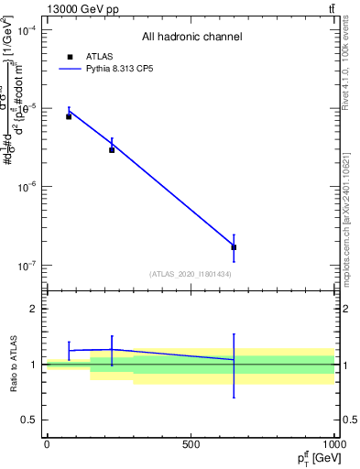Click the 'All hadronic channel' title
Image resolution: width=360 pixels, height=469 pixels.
[x=191, y=37]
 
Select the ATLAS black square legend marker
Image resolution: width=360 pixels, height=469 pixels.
[x=69, y=57]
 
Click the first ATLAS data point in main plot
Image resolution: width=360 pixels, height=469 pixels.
[x=69, y=116]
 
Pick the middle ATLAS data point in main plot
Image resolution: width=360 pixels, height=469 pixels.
[x=112, y=149]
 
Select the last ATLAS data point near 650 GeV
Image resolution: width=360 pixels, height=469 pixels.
[x=234, y=247]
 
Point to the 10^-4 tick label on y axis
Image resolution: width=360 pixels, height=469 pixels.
[x=27, y=30]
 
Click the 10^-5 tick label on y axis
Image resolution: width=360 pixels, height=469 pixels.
[x=27, y=108]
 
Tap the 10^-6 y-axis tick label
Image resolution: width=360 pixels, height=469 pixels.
[x=27, y=187]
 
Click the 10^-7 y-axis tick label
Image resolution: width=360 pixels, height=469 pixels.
[x=27, y=266]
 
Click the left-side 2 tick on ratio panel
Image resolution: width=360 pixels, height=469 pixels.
[x=34, y=309]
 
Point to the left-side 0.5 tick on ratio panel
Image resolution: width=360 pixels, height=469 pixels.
[x=29, y=420]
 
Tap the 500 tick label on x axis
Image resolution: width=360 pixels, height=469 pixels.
[x=191, y=444]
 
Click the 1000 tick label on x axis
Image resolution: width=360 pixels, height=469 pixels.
[x=333, y=444]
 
